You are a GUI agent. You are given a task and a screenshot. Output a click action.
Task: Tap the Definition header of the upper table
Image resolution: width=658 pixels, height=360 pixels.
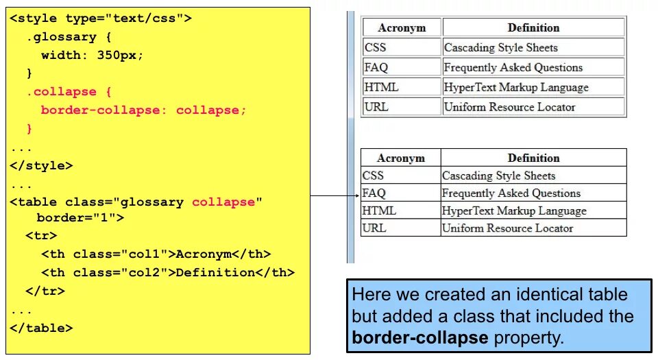tap(533, 28)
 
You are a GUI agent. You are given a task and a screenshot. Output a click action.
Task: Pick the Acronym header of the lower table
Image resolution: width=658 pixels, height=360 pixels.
tap(401, 158)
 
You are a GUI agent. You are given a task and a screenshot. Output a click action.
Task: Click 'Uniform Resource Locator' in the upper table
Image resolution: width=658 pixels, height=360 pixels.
tap(509, 107)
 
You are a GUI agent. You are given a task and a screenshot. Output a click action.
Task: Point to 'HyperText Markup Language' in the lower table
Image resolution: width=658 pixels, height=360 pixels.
tap(514, 211)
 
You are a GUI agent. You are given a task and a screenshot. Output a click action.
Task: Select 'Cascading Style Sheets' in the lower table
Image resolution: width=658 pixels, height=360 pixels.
tap(498, 176)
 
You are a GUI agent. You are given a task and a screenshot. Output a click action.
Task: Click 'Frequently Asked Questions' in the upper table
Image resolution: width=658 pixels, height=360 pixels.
tap(513, 68)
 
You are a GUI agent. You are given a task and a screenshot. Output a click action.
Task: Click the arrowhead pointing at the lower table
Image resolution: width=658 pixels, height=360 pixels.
tap(357, 197)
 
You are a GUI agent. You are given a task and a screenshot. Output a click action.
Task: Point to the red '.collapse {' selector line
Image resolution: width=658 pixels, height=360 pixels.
tap(69, 92)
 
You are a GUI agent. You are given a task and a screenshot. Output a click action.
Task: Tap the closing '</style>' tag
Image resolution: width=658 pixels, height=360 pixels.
tap(41, 165)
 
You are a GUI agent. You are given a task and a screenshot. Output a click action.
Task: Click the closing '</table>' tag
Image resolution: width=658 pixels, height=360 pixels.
tap(41, 328)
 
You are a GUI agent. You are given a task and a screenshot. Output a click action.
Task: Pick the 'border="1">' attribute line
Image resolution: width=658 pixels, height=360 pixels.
tap(80, 218)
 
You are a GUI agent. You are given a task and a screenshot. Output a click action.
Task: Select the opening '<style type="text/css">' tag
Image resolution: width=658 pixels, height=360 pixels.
tap(100, 19)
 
